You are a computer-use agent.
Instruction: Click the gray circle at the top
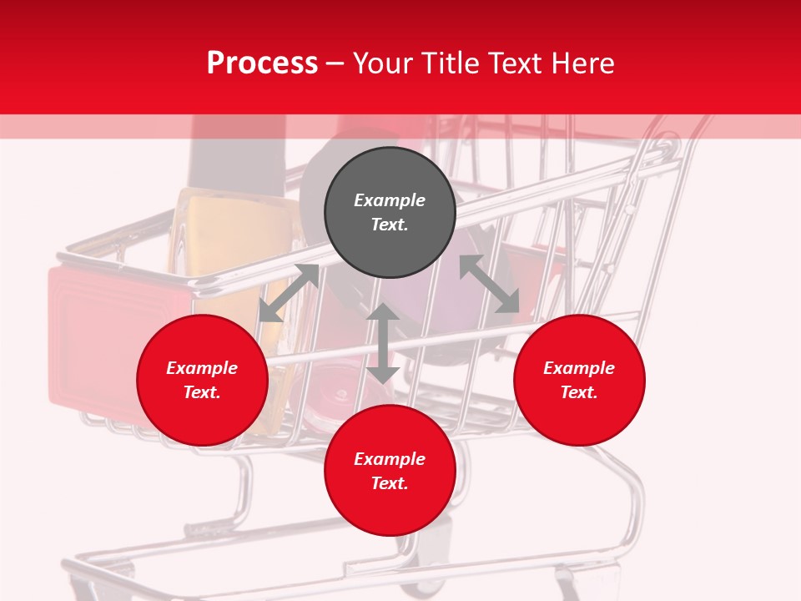point(390,213)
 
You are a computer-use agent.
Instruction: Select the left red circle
point(202,380)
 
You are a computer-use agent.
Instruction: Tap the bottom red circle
point(390,471)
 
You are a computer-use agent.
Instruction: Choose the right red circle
point(579,380)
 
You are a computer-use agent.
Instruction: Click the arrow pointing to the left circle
point(289,293)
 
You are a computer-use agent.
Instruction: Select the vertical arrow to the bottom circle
point(383,343)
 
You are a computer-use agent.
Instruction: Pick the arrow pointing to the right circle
point(489,284)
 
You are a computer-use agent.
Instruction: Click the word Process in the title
point(262,63)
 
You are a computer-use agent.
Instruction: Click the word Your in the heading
point(385,63)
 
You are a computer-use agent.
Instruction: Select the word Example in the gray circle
point(390,200)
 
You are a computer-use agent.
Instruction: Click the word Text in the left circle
point(202,392)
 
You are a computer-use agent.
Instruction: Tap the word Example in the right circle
point(579,368)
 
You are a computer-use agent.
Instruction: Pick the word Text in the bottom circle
point(390,483)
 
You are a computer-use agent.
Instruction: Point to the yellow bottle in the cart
point(225,242)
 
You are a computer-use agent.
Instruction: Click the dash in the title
point(335,63)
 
